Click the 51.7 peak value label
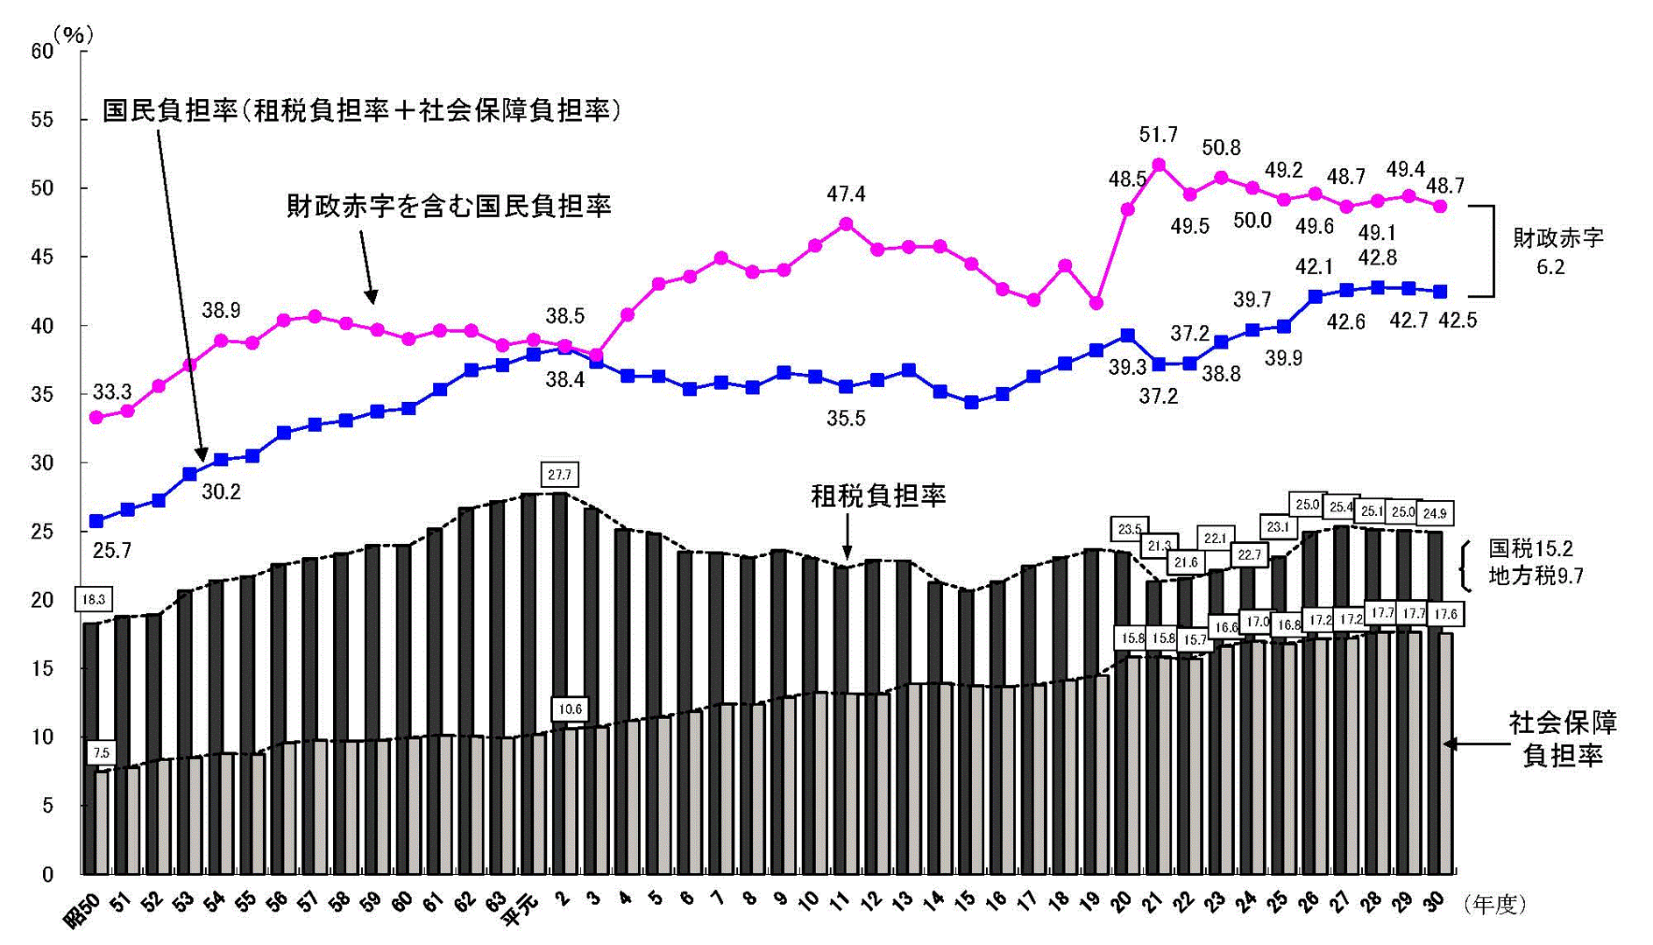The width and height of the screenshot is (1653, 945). pyautogui.click(x=1158, y=135)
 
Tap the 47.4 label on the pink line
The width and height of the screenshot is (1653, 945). pyautogui.click(x=846, y=194)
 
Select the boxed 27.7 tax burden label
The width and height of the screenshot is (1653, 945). pyautogui.click(x=559, y=475)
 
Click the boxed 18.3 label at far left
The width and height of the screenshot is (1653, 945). pyautogui.click(x=93, y=599)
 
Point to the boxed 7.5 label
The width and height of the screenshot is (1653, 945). pyautogui.click(x=101, y=752)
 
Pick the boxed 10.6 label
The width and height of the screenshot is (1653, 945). pyautogui.click(x=570, y=709)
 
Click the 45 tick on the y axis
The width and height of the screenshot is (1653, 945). pyautogui.click(x=42, y=257)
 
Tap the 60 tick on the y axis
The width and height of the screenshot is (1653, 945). pyautogui.click(x=42, y=51)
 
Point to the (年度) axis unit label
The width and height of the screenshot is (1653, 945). pyautogui.click(x=1495, y=905)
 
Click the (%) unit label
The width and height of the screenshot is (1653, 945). pyautogui.click(x=73, y=35)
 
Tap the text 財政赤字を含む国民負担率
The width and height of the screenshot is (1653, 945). pyautogui.click(x=449, y=206)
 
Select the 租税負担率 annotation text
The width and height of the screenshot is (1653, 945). pyautogui.click(x=878, y=497)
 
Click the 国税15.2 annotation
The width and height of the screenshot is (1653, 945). pyautogui.click(x=1531, y=549)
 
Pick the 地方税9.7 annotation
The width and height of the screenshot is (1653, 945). pyautogui.click(x=1536, y=576)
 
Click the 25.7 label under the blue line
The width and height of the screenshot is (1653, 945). pyautogui.click(x=111, y=550)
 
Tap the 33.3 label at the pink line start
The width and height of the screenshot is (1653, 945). pyautogui.click(x=111, y=391)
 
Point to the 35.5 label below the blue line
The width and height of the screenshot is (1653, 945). pyautogui.click(x=846, y=419)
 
